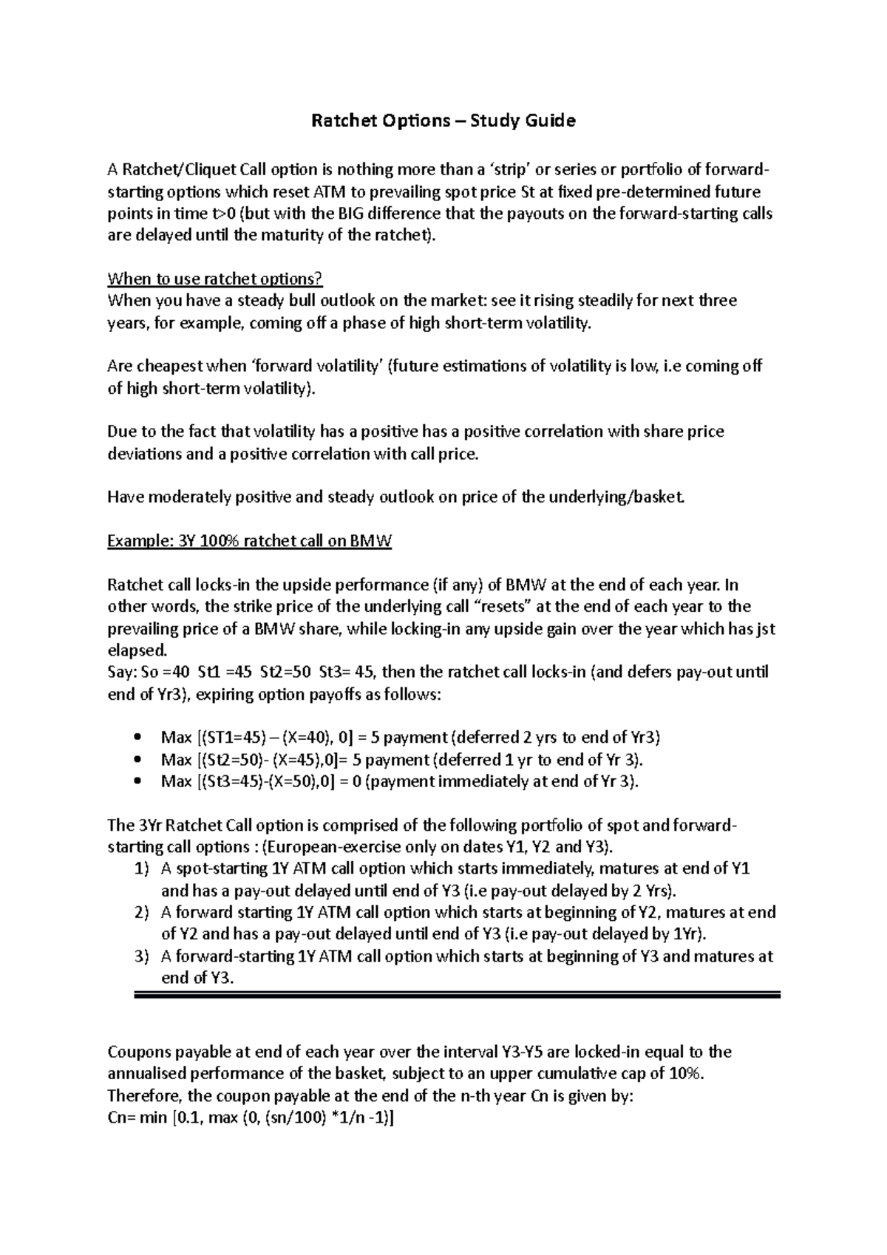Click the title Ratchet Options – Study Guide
coord(443,120)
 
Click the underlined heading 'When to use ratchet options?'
coord(215,279)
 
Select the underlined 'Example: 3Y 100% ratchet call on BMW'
coord(249,541)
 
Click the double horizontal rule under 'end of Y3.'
coord(457,996)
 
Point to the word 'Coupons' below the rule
coord(139,1052)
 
